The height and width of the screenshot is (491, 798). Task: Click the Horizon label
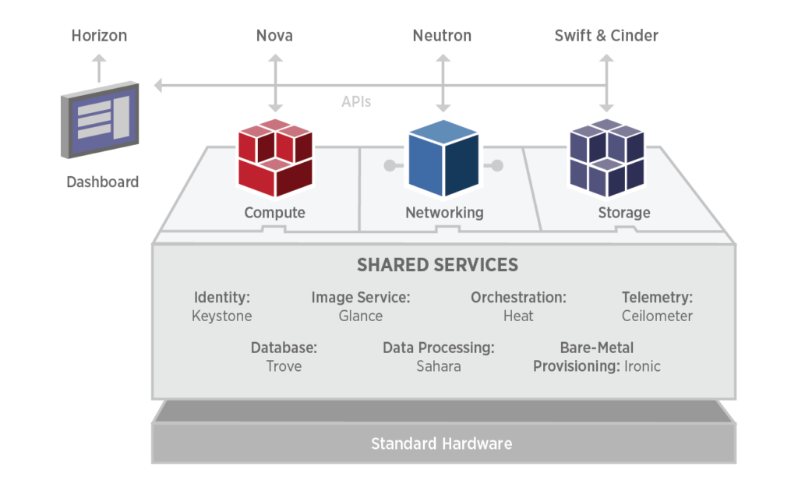(x=99, y=36)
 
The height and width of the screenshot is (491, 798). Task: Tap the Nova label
(x=274, y=36)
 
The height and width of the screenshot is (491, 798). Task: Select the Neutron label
(x=442, y=36)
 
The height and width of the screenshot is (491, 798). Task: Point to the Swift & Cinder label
(x=606, y=36)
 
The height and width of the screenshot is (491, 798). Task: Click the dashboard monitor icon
(x=99, y=122)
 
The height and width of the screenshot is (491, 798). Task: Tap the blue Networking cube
(x=443, y=160)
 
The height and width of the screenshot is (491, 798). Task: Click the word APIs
(x=356, y=102)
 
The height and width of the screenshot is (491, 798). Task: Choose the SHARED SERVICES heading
(x=437, y=265)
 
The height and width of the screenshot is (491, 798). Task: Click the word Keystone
(x=222, y=316)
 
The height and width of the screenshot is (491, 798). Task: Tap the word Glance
(x=361, y=316)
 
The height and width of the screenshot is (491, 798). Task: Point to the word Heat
(x=518, y=316)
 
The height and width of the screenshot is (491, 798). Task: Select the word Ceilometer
(x=657, y=316)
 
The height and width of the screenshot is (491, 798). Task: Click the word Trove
(x=284, y=366)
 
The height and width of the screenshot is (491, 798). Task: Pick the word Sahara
(x=439, y=366)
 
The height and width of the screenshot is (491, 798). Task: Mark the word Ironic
(x=642, y=366)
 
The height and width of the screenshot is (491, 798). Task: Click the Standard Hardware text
(x=441, y=444)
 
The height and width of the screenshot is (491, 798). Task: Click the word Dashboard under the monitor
(x=102, y=182)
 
